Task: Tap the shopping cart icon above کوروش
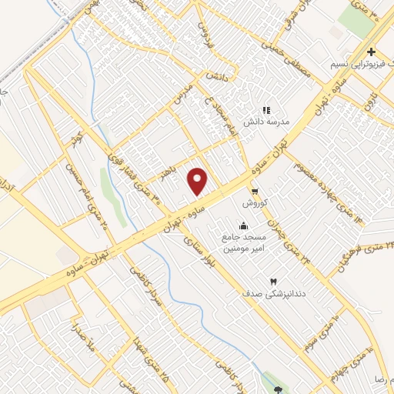click(x=254, y=192)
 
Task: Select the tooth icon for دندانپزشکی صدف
click(x=272, y=282)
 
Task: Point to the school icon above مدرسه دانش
click(x=267, y=112)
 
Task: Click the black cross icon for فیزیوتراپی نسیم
click(x=371, y=52)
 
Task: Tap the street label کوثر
click(x=75, y=140)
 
